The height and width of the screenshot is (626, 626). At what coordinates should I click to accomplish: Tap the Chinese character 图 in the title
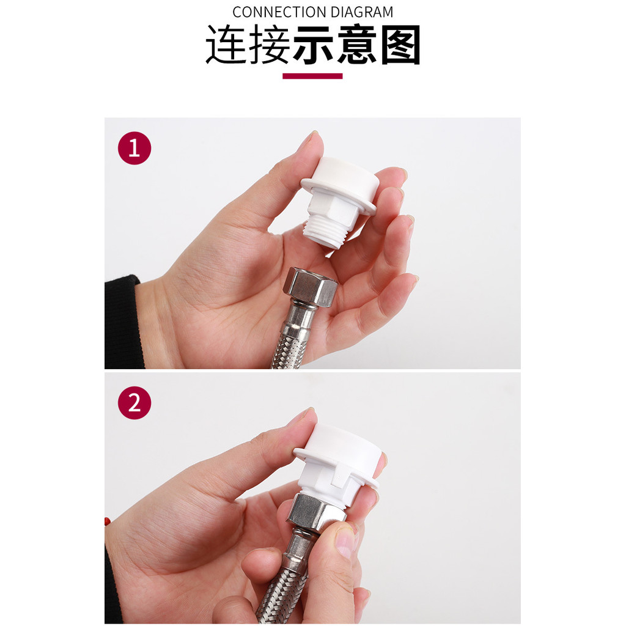point(400,44)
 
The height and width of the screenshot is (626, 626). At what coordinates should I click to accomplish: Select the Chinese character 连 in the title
point(226,44)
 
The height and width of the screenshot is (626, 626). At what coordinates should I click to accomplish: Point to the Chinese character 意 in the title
point(357,44)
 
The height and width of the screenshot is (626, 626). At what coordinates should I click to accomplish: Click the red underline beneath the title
point(312,76)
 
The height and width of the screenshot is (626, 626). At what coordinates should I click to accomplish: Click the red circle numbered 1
point(134,148)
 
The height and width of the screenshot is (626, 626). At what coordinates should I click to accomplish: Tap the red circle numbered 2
point(134,403)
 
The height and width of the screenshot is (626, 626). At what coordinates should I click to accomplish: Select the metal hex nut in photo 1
point(310,287)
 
